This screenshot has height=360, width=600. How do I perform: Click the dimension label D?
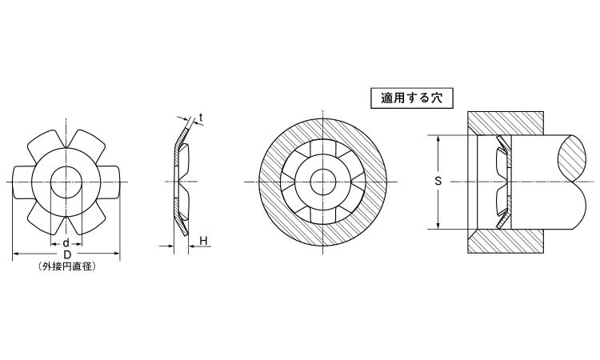(x=67, y=254)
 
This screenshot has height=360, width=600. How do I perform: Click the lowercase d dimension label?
(x=66, y=243)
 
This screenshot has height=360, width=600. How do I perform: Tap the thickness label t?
(x=201, y=118)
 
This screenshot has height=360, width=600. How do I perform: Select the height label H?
(x=203, y=241)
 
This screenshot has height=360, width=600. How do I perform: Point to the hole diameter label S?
(x=438, y=181)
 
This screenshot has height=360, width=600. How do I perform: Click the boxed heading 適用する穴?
(x=412, y=98)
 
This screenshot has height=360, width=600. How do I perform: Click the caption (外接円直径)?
(x=67, y=266)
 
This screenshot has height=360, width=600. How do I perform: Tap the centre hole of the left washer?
(x=66, y=182)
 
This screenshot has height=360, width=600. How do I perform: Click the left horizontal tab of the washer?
(x=22, y=182)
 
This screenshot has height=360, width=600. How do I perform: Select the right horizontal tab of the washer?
(x=110, y=182)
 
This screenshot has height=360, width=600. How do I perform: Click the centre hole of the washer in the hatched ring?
(x=323, y=182)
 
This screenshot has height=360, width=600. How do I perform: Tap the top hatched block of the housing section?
(x=505, y=123)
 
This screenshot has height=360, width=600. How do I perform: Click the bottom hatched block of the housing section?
(x=505, y=241)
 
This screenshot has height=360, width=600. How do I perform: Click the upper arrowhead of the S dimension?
(x=438, y=139)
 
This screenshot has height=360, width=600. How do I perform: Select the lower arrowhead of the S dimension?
(x=438, y=225)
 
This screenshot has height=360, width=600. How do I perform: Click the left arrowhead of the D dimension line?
(x=17, y=254)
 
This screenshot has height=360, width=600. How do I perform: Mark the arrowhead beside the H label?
(x=193, y=246)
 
